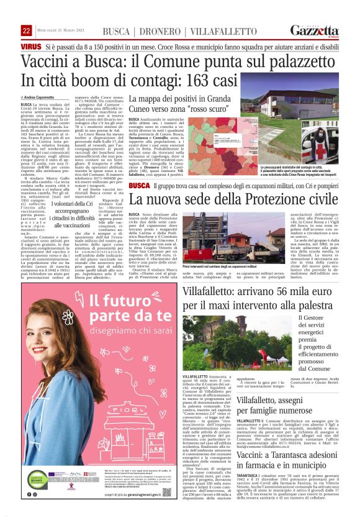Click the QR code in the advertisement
[168, 491]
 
